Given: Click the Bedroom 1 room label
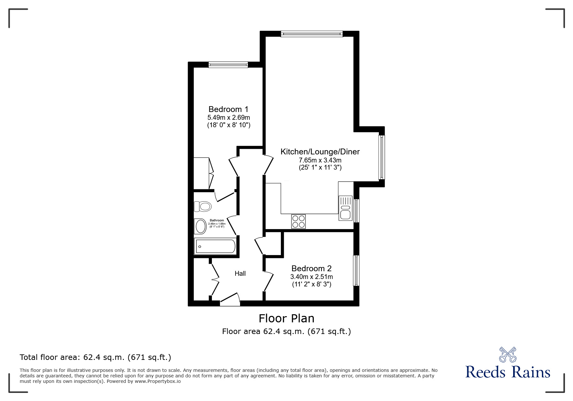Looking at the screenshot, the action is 228,109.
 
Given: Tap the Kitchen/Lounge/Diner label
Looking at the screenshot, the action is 320,152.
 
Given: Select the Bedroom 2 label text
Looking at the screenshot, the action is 312,269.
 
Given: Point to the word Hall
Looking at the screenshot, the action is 240,274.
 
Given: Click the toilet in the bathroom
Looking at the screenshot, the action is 203,206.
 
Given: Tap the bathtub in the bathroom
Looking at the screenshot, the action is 215,247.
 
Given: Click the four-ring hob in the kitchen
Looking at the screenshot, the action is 298,222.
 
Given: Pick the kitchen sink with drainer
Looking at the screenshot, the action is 346,208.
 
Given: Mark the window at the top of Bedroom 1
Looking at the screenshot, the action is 228,65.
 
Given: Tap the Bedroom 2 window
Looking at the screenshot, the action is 356,271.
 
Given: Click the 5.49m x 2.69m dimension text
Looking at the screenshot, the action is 229,117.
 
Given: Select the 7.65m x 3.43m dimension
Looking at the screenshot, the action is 320,160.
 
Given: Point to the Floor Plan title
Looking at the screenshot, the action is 287,318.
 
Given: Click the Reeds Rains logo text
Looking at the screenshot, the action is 508,372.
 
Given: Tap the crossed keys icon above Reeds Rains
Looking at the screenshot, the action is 508,354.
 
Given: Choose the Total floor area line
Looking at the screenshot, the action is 95,357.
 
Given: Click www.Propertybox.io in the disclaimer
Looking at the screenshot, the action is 158,381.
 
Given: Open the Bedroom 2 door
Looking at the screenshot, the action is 269,281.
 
